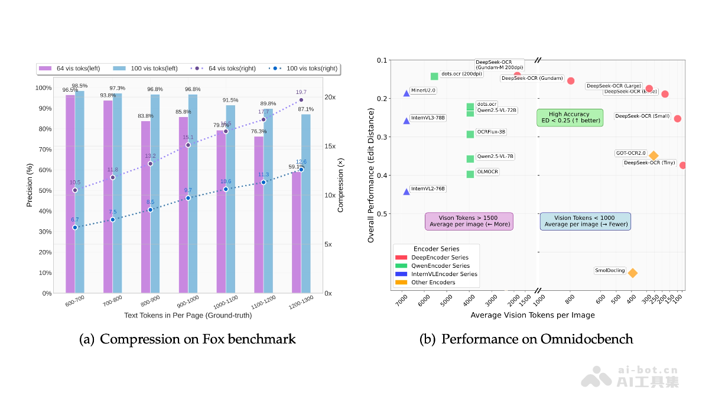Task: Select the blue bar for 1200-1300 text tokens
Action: pyautogui.click(x=306, y=203)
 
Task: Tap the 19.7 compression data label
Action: pyautogui.click(x=301, y=92)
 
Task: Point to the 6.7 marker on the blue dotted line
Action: pyautogui.click(x=75, y=228)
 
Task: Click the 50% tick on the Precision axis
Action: pyautogui.click(x=43, y=190)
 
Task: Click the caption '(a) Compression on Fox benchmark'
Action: pyautogui.click(x=187, y=339)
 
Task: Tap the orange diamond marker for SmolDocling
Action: pyautogui.click(x=633, y=273)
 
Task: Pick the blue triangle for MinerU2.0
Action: pyautogui.click(x=406, y=93)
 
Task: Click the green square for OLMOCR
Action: pyautogui.click(x=470, y=174)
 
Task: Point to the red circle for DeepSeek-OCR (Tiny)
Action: pyautogui.click(x=683, y=165)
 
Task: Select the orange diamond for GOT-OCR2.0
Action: pyautogui.click(x=653, y=155)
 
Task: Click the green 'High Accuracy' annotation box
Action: pyautogui.click(x=570, y=118)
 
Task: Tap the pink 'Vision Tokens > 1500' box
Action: pyautogui.click(x=469, y=221)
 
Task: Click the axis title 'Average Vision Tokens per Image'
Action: pyautogui.click(x=532, y=316)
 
